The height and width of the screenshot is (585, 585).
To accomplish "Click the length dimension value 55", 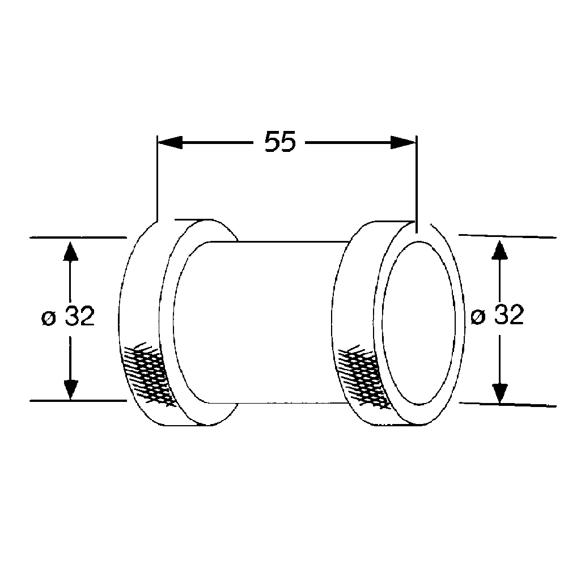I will point(281,142).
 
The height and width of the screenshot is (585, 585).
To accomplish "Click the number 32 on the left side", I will point(79,317).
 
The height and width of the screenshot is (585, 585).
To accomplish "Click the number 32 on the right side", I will point(508,315).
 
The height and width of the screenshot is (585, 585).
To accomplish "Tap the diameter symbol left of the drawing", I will point(49,319).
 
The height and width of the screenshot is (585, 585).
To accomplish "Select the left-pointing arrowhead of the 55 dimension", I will point(169,142).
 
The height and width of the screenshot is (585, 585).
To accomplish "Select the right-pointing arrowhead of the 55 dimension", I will point(403,142).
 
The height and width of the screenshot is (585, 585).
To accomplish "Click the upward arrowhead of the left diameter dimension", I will point(70,252).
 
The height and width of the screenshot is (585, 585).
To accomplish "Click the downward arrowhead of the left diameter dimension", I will point(70,388).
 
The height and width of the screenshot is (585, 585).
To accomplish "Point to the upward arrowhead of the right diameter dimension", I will point(499,251).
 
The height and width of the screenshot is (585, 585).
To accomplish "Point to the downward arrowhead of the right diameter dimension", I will point(499,392).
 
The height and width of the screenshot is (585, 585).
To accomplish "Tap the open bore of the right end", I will point(419,323).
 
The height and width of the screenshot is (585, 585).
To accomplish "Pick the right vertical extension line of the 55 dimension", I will point(417,181).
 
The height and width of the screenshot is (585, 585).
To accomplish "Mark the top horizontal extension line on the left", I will point(77,238).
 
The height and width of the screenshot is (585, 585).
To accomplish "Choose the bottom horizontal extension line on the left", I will point(77,400).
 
